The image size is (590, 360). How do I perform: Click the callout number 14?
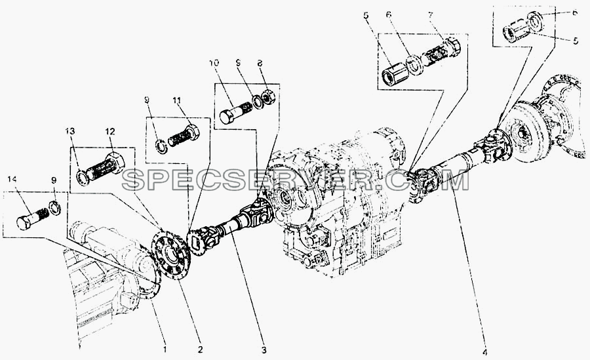point(12,180)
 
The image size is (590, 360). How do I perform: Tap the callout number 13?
point(70,131)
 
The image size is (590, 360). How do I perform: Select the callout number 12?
point(110,131)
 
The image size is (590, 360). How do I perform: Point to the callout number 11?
point(177,100)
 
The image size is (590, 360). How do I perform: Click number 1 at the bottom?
point(165,349)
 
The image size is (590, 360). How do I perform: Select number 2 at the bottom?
point(200,349)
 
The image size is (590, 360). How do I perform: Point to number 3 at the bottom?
point(264,350)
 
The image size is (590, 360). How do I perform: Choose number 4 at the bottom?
point(485,353)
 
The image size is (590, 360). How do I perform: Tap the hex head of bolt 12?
point(116,163)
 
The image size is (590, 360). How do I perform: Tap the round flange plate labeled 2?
point(171,256)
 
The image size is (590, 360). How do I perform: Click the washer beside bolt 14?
point(55,208)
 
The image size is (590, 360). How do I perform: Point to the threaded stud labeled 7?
point(441,52)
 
